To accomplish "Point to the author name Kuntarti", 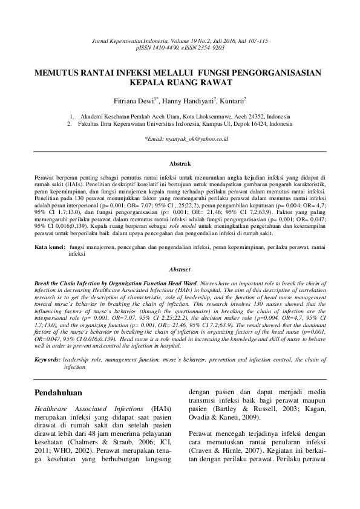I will [x=231, y=100].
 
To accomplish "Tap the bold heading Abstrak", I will [x=180, y=164].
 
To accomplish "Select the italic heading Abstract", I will [x=180, y=270].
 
